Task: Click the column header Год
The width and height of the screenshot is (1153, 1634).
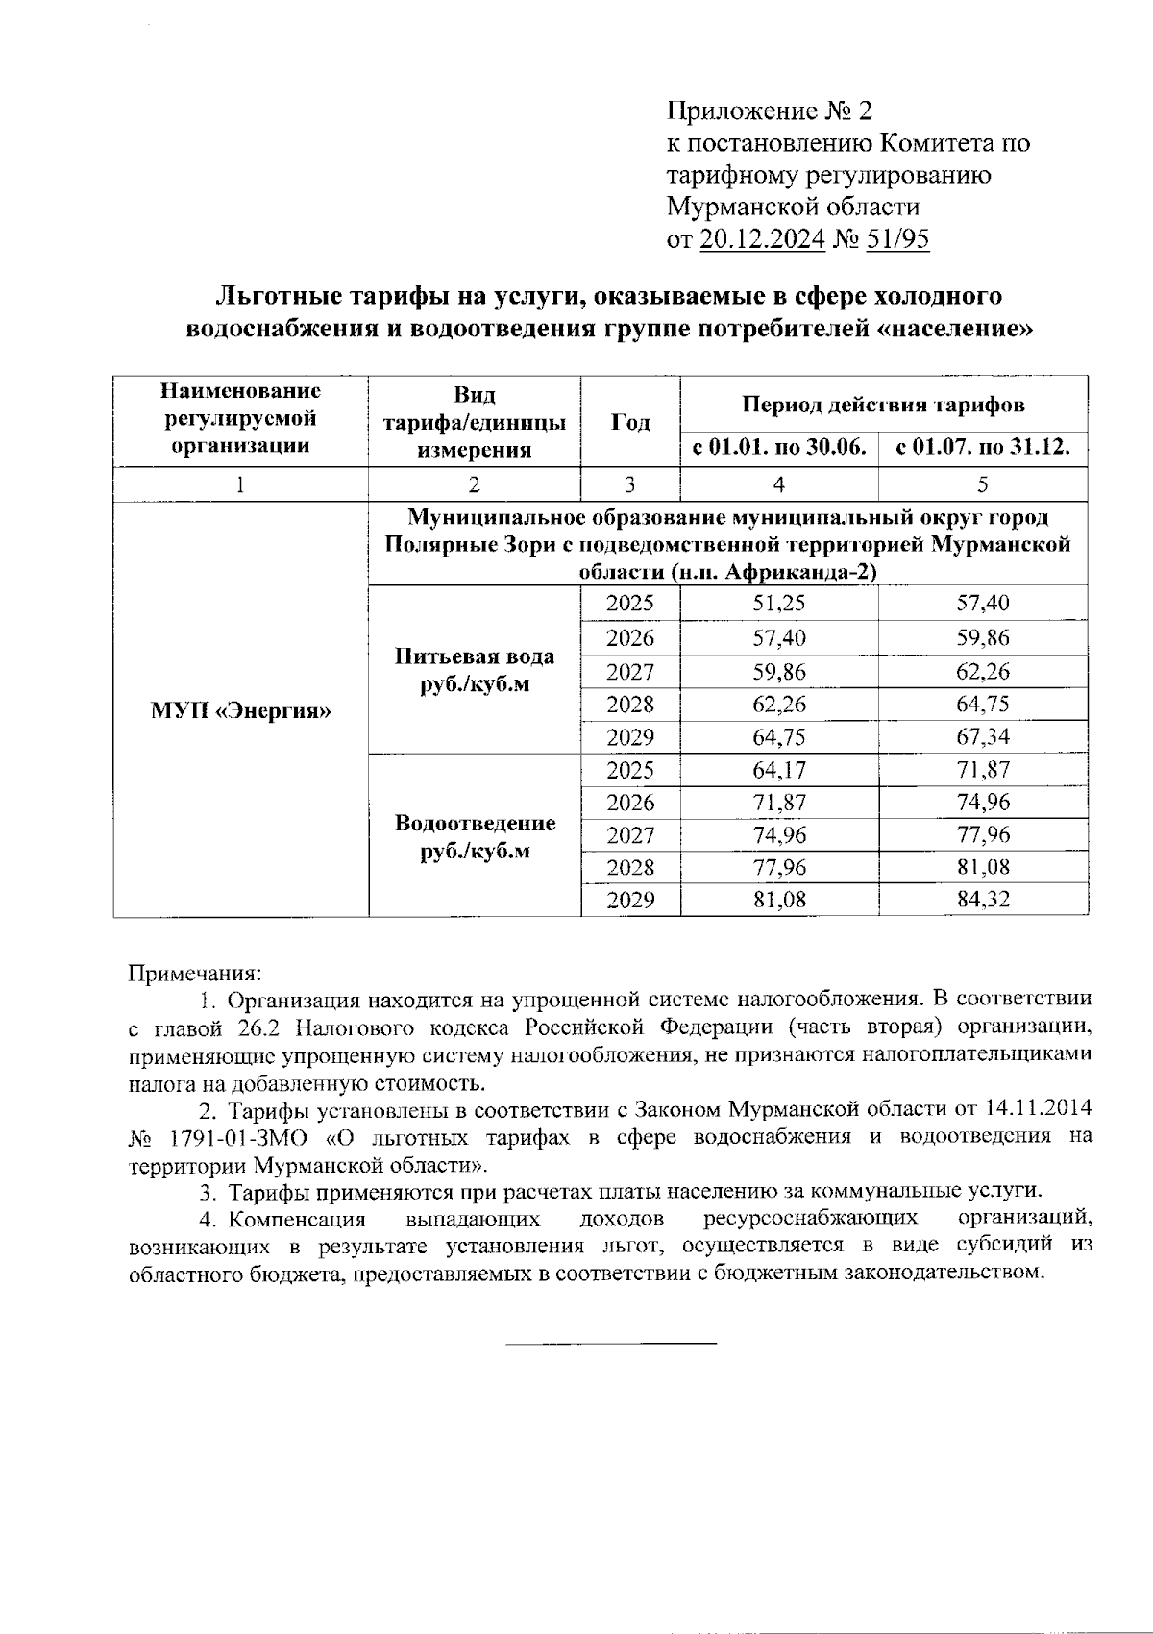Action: point(630,423)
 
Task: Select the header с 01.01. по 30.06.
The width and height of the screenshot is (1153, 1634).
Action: point(778,448)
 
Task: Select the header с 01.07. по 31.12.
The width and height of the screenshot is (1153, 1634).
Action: point(982,448)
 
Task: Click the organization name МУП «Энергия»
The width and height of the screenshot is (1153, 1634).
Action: point(240,711)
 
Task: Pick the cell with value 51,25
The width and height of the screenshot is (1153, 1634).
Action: point(778,604)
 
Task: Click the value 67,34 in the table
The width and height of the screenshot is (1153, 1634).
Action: point(982,737)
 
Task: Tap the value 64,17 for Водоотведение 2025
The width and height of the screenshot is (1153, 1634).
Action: point(778,770)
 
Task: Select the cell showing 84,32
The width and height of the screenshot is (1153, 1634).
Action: point(982,901)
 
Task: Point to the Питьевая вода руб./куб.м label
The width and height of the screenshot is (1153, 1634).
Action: point(475,671)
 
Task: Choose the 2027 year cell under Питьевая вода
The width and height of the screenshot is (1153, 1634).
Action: point(630,672)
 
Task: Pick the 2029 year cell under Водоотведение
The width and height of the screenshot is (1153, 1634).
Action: point(630,901)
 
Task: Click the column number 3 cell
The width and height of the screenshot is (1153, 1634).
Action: point(630,484)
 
